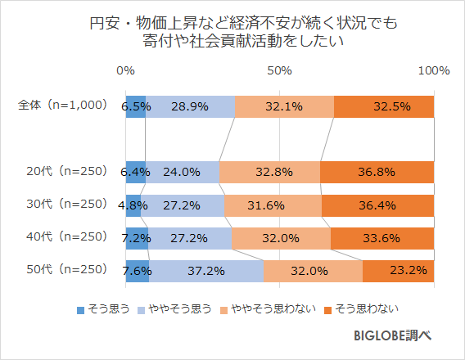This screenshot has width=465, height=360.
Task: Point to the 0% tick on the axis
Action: click(x=125, y=71)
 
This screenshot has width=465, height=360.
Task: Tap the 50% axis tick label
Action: click(x=280, y=71)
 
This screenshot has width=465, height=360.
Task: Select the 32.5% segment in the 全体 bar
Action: click(x=384, y=106)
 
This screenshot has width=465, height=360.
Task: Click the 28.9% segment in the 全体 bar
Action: click(x=190, y=106)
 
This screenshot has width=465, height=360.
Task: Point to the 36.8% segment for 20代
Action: click(x=377, y=172)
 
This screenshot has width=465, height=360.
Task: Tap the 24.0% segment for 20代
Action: click(x=182, y=172)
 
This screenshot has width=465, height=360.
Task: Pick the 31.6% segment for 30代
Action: click(x=273, y=205)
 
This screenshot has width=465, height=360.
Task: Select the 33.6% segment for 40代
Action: click(x=381, y=237)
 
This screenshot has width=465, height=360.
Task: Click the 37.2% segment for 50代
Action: click(x=206, y=270)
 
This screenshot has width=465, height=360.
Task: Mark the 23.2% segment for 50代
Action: click(x=398, y=270)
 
